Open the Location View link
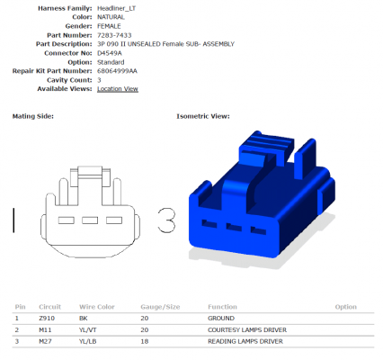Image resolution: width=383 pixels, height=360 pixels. [118, 89]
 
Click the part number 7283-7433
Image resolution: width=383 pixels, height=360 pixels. [114, 35]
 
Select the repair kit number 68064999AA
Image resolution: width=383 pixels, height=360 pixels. [117, 71]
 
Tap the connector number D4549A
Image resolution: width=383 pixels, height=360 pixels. [110, 53]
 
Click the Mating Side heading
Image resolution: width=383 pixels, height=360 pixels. [33, 116]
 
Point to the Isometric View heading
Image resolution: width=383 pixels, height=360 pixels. [203, 116]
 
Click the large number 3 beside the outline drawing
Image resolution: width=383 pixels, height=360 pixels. [166, 220]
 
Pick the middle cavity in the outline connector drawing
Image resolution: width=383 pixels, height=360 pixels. [90, 220]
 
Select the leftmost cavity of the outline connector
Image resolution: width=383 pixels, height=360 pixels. [67, 220]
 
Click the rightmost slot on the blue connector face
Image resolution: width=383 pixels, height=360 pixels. [258, 230]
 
